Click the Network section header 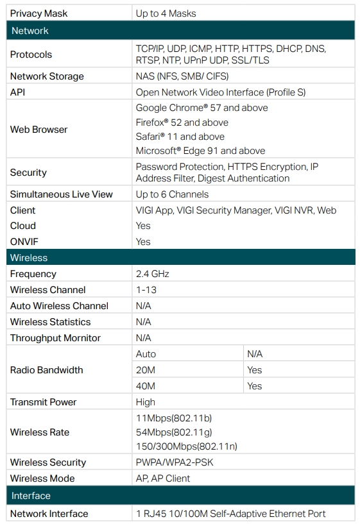[x=30, y=31]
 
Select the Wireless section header [x=29, y=258]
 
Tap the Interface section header [x=31, y=496]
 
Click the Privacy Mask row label [x=39, y=13]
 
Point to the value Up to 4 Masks [x=166, y=13]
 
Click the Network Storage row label [x=47, y=76]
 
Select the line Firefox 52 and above [x=182, y=123]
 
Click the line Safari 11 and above [x=180, y=137]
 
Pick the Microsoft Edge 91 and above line [x=201, y=151]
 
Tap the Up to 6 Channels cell [x=172, y=194]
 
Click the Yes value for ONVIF [x=143, y=242]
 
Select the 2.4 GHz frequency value [x=153, y=274]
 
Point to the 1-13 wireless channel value [x=146, y=290]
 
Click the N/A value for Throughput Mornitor [x=143, y=338]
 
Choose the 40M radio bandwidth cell [x=146, y=386]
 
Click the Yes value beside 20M [x=254, y=370]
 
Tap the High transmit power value [x=146, y=402]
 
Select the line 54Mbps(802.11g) [x=174, y=432]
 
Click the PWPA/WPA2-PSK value [x=175, y=462]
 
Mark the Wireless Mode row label [x=42, y=478]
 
